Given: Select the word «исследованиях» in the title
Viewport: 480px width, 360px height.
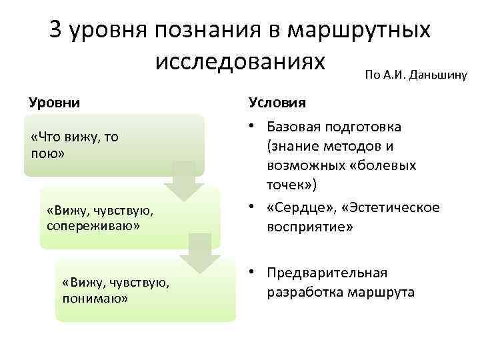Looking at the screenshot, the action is coord(241,62).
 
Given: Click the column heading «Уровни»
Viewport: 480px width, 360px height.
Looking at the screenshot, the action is coord(55,103).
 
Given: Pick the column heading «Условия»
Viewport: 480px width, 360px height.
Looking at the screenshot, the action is coord(277,103).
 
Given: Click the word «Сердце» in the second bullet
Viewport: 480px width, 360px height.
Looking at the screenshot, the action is coord(291,207).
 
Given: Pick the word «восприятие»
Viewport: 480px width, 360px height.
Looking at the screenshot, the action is coord(310,227).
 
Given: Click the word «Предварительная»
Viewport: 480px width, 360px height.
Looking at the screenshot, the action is coord(326,273).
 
